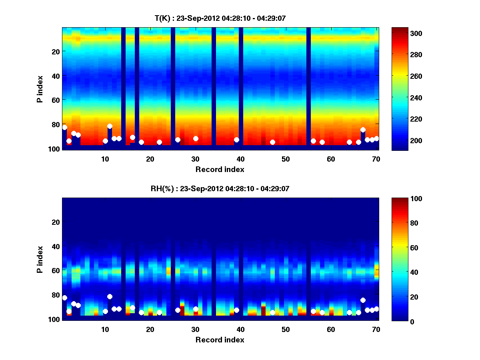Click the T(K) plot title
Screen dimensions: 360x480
tap(220, 18)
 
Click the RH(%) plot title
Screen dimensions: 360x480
tap(220, 188)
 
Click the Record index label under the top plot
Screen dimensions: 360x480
tap(220, 169)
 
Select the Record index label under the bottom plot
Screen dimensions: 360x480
tap(220, 340)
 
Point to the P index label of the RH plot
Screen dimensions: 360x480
tap(40, 260)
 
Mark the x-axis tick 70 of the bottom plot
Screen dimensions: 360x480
tap(376, 329)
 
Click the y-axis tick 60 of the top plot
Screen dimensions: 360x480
tap(56, 100)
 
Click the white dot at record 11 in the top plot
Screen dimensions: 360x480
tap(110, 126)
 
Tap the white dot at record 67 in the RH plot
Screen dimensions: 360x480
tap(363, 300)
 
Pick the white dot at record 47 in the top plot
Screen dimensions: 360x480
tap(272, 142)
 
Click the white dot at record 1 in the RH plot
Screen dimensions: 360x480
tap(65, 298)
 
